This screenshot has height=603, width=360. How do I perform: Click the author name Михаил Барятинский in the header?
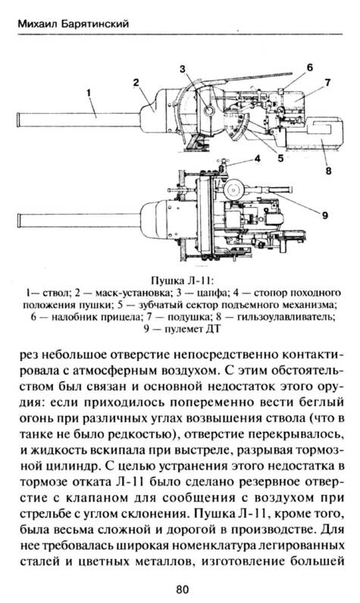[x=73, y=24]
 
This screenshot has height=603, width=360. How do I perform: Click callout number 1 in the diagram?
[x=89, y=93]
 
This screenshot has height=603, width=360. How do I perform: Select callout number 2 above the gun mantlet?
[x=136, y=82]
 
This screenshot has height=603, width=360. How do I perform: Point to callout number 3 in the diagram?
[x=183, y=69]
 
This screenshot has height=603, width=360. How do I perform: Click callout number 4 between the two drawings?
[x=258, y=159]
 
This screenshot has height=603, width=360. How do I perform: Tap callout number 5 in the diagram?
[x=280, y=157]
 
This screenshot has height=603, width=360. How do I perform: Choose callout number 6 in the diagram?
[x=310, y=68]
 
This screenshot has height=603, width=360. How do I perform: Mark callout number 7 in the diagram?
[x=327, y=83]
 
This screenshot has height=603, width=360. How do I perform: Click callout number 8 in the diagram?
[x=328, y=171]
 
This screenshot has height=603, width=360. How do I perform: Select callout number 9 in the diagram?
[x=325, y=215]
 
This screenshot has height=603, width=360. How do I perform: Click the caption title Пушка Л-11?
[x=182, y=280]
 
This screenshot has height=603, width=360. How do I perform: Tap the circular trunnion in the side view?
[x=209, y=111]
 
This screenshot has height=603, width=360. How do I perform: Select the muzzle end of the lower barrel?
[x=19, y=221]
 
